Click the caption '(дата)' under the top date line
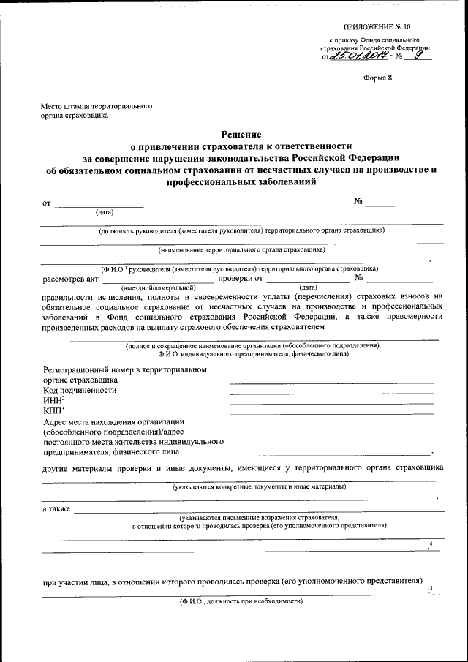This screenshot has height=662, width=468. pos(105,213)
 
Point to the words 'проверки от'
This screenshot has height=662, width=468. pos(241,278)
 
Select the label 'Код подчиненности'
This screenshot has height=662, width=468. pos(80,390)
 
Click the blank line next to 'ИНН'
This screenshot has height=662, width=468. pos(331,404)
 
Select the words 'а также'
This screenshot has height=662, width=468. pos(56,508)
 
